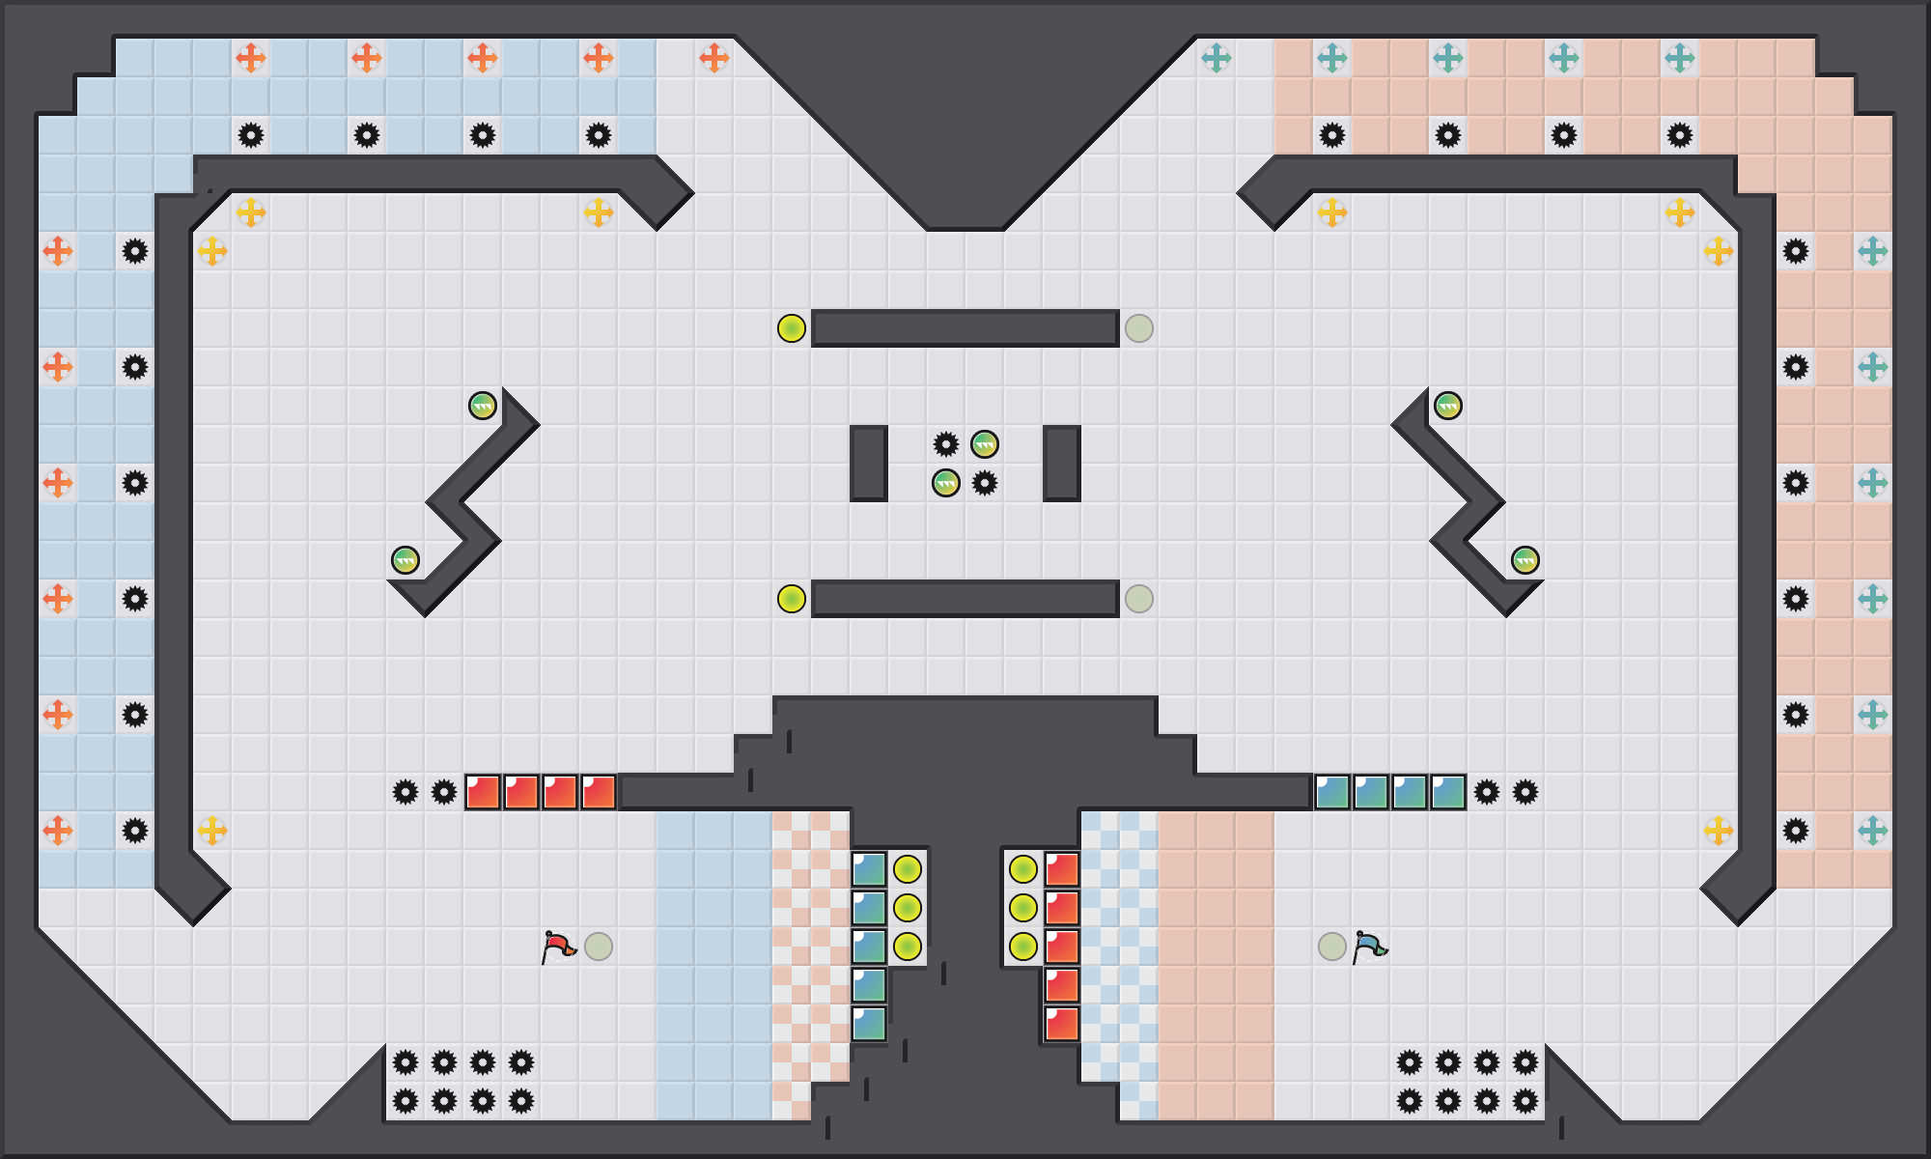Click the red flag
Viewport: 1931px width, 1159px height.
click(x=558, y=947)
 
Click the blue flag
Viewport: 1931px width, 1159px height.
click(x=1369, y=947)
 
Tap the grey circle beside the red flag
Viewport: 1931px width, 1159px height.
click(x=599, y=947)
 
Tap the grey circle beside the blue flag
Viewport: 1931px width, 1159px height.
click(x=1332, y=947)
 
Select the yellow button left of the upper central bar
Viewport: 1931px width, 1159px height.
click(x=792, y=328)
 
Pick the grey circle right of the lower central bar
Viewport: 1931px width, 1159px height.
click(x=1139, y=599)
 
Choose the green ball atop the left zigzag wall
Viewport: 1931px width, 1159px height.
click(x=483, y=406)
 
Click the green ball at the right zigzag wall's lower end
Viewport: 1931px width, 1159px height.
click(x=1525, y=560)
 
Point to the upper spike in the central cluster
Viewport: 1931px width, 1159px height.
click(x=946, y=444)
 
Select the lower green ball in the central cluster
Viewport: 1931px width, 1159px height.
click(x=946, y=483)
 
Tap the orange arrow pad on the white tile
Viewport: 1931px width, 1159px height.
click(x=714, y=58)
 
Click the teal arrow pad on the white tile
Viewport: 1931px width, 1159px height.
click(x=1217, y=58)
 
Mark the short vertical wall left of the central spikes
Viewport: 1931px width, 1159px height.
click(x=869, y=464)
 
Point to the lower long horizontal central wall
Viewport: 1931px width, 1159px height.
click(x=965, y=599)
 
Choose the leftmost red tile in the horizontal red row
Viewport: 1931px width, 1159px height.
click(x=483, y=792)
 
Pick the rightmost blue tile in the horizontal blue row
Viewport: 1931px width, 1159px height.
click(x=1448, y=792)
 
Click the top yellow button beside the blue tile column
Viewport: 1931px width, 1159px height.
click(x=908, y=869)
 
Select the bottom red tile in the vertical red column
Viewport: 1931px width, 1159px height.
click(x=1062, y=1024)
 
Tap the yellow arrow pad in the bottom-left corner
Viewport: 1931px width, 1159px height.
click(x=212, y=831)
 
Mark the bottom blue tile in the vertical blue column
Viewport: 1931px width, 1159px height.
click(x=869, y=1024)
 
